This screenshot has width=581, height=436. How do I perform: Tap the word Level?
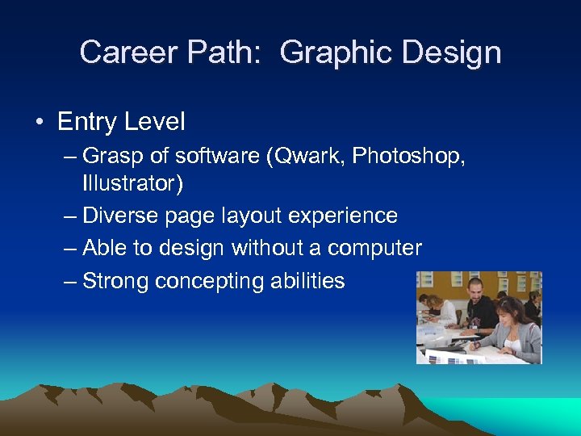pyautogui.click(x=156, y=123)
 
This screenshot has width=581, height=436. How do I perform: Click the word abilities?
pyautogui.click(x=307, y=281)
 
